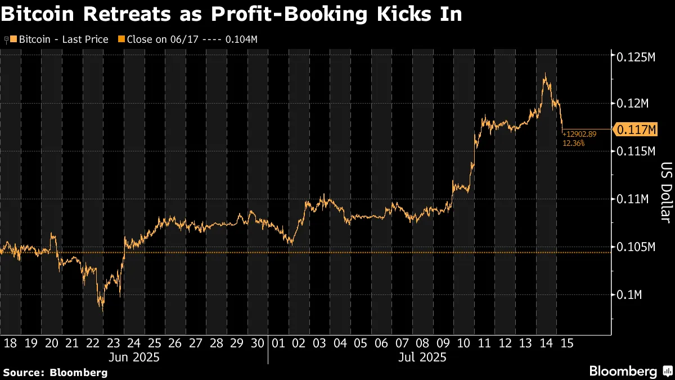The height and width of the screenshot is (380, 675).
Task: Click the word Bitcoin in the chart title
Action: click(39, 14)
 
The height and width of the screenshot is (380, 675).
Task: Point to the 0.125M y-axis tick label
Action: click(636, 57)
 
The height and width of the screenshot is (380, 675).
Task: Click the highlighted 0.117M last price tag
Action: click(637, 130)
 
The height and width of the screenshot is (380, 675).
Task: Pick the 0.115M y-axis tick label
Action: click(636, 152)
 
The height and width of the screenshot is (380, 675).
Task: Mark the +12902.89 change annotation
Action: click(580, 136)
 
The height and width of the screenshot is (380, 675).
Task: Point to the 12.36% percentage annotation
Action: click(574, 144)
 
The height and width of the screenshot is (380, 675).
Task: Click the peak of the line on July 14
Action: click(544, 74)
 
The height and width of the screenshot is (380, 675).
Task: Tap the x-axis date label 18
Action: click(10, 343)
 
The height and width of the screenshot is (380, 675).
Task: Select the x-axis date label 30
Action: click(257, 343)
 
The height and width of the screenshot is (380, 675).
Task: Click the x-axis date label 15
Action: click(566, 343)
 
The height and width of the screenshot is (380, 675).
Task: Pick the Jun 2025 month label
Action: click(134, 357)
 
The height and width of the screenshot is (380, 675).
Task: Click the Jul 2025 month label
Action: click(422, 357)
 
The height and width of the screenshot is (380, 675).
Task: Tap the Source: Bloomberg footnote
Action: click(55, 372)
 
